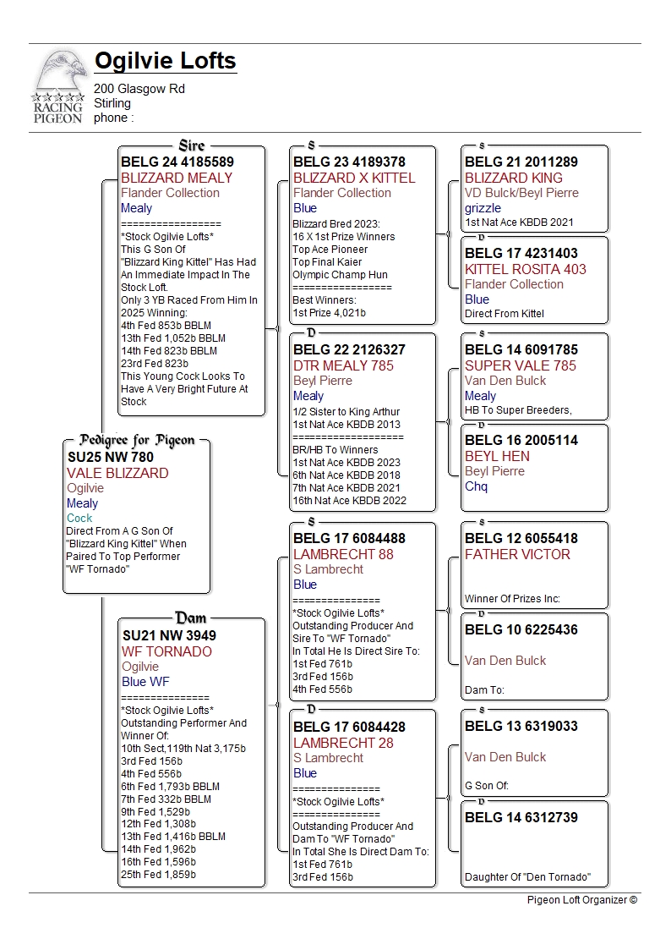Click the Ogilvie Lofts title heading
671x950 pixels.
(x=165, y=62)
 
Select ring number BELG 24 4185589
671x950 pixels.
(x=177, y=162)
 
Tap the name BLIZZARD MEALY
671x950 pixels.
(x=177, y=178)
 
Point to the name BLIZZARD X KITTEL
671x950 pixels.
(x=354, y=178)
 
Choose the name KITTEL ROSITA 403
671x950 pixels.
(x=526, y=269)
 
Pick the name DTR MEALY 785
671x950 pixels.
(x=343, y=365)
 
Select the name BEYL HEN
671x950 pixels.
(x=498, y=456)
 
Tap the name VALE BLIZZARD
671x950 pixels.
(x=117, y=473)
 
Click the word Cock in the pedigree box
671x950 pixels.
(x=79, y=518)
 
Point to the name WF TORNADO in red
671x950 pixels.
(x=166, y=651)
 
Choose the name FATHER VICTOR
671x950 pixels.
(x=517, y=554)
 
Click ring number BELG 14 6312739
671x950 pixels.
(x=521, y=817)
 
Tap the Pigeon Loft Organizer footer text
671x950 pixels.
(x=582, y=900)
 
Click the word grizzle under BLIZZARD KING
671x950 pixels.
(x=483, y=208)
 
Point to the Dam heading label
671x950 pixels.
(x=191, y=618)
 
